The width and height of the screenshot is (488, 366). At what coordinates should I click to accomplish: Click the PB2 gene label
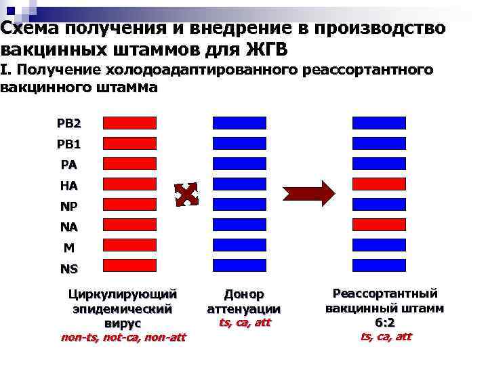[x=69, y=123]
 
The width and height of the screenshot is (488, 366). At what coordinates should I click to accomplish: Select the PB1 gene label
[x=69, y=144]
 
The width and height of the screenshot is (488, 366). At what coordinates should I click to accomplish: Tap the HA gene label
[x=69, y=185]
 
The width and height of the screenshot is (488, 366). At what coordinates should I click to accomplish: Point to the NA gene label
[x=69, y=226]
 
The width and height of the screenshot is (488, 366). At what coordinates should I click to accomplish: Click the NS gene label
[x=69, y=268]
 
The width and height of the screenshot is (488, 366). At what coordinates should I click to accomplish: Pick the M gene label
[x=69, y=247]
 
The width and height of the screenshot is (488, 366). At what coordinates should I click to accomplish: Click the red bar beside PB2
[x=129, y=123]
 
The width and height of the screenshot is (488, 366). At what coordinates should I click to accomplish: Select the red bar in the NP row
[x=129, y=204]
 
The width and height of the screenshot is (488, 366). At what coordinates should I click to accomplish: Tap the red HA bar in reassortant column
[x=379, y=184]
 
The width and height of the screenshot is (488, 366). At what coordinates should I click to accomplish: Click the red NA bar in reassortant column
[x=379, y=224]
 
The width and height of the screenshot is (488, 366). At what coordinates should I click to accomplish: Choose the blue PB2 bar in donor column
[x=240, y=123]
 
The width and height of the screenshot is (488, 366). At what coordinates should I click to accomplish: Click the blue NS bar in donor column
[x=240, y=265]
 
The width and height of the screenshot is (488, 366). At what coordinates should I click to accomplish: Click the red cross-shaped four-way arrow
[x=186, y=194]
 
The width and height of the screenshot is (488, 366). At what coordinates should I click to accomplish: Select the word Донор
[x=244, y=294]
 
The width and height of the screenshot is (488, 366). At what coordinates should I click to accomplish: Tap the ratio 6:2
[x=385, y=323]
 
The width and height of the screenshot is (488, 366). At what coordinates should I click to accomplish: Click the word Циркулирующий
[x=123, y=294]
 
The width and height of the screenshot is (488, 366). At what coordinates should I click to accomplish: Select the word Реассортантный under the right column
[x=385, y=293]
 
